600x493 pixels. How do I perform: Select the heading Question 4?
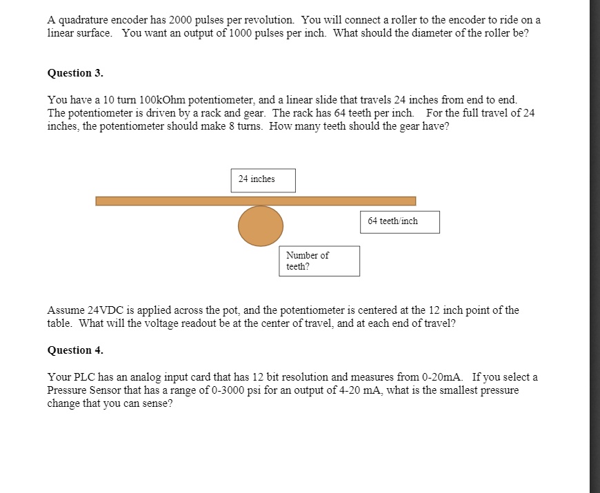point(75,350)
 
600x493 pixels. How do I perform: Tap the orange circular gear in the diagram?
point(261,225)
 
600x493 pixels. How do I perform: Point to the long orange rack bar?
point(255,201)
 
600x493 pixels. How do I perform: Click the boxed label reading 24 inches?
point(263,180)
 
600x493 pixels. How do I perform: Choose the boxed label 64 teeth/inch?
point(399,221)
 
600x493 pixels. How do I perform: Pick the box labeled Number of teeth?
point(319,261)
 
